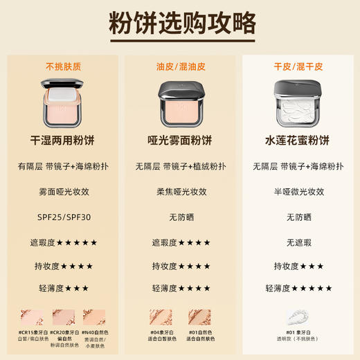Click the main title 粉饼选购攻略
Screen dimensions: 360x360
tap(180, 24)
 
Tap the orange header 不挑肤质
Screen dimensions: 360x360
tap(64, 66)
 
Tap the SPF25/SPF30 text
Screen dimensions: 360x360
tap(64, 217)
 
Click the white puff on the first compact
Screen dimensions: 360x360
tap(64, 90)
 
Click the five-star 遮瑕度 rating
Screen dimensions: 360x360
tap(64, 242)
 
